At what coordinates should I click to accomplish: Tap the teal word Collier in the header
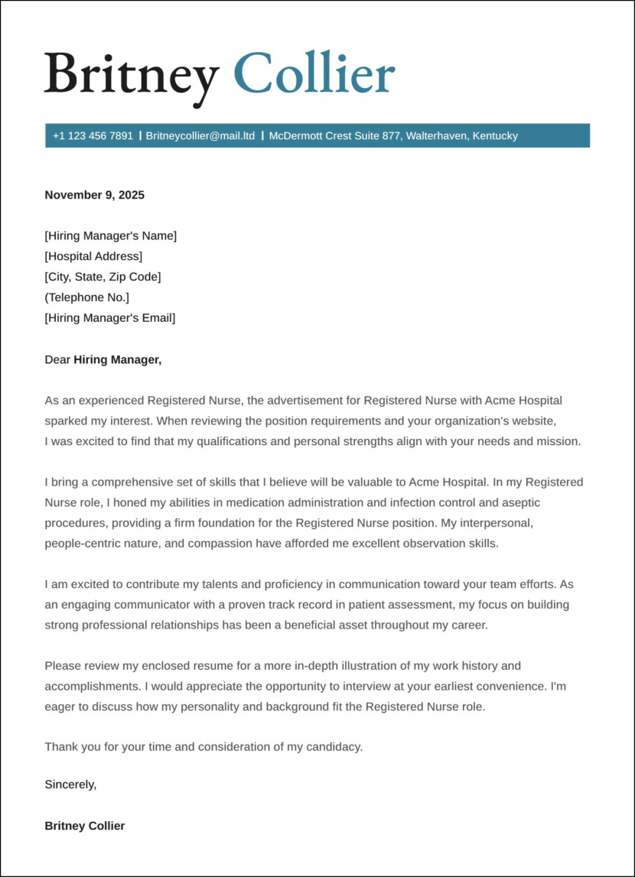pos(314,74)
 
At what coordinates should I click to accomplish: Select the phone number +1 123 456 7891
pos(93,136)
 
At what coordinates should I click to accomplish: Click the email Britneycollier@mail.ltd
pos(200,136)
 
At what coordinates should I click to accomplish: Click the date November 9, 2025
pos(94,195)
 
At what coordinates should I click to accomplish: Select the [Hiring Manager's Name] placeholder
pos(110,235)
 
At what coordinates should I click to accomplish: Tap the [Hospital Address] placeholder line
pos(93,256)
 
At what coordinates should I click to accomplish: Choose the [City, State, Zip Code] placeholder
pos(103,277)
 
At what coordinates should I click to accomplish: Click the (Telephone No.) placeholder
pos(86,297)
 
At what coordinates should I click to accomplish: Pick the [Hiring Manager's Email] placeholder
pos(109,318)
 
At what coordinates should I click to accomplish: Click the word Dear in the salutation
pos(57,359)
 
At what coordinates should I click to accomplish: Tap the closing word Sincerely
pos(70,784)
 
